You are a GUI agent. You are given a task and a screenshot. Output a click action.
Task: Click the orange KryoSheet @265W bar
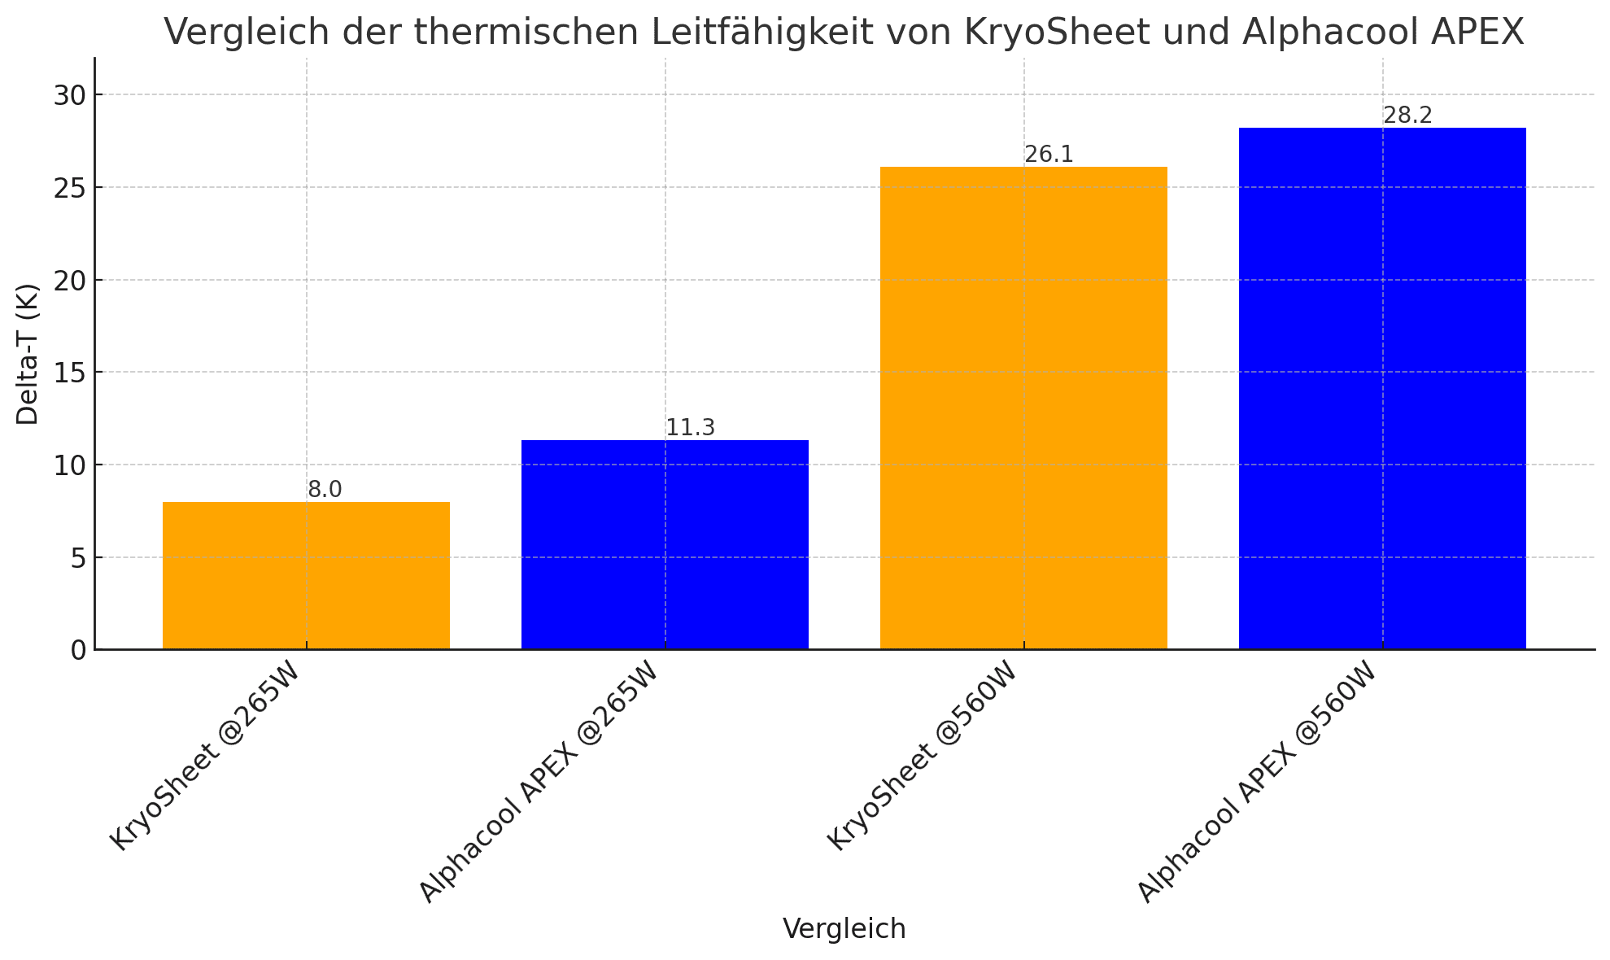306,575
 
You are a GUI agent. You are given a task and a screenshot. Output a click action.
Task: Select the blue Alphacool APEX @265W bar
665,544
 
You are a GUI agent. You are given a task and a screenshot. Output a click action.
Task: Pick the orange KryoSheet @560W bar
1023,408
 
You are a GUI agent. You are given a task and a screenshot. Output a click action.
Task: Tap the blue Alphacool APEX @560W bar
1382,388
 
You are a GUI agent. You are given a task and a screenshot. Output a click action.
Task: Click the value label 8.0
325,490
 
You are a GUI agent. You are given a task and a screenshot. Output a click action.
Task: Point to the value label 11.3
690,428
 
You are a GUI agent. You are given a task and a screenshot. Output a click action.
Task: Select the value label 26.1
1049,155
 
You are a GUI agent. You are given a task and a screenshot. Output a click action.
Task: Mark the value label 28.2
1407,116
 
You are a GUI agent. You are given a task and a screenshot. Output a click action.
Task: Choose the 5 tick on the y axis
77,558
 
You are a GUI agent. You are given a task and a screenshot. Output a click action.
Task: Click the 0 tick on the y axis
77,650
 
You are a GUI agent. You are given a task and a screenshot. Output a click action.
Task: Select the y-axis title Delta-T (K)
28,354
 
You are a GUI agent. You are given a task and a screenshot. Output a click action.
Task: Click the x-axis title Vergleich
844,928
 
